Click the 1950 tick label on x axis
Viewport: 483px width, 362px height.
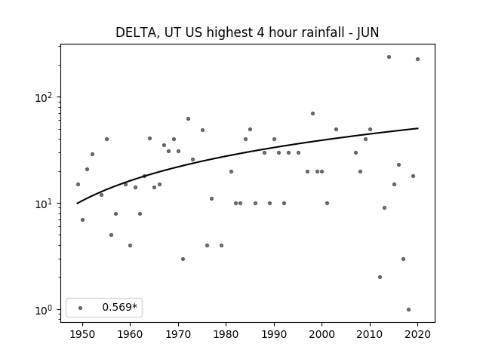tap(82, 334)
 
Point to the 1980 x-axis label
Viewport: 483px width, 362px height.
tap(226, 334)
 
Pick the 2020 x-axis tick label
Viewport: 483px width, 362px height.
tap(417, 334)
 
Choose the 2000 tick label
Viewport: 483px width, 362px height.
tap(322, 334)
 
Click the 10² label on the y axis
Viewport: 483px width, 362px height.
tap(45, 97)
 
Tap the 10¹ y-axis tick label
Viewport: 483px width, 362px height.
tap(45, 204)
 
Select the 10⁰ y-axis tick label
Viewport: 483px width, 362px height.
tap(45, 310)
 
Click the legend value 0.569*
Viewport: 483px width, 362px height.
tap(119, 307)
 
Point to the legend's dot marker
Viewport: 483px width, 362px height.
tap(81, 308)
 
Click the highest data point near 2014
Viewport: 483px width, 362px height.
tap(389, 57)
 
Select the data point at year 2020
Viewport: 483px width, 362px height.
tap(417, 59)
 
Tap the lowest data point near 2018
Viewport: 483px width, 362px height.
tap(408, 310)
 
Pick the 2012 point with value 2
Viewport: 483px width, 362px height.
tap(380, 277)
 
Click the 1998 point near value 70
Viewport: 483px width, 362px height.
tap(312, 114)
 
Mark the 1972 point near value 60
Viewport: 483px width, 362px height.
tap(188, 119)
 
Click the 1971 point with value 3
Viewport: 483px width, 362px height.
tap(183, 259)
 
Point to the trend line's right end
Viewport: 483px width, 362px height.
tap(418, 128)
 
